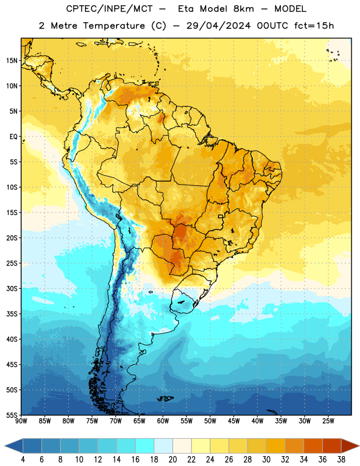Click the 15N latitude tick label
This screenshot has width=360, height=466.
click(x=12, y=61)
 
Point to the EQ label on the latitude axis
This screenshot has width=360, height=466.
click(x=13, y=137)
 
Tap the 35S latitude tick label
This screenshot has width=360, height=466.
click(x=12, y=314)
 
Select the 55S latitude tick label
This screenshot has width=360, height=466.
click(x=12, y=415)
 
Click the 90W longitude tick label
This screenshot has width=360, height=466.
click(x=21, y=421)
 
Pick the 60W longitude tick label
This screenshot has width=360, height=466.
click(x=163, y=421)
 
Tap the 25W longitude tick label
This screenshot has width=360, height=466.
click(x=328, y=421)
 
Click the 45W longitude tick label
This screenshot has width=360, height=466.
click(x=234, y=421)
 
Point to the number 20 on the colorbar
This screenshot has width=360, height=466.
click(x=172, y=460)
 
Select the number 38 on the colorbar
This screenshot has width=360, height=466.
click(x=341, y=460)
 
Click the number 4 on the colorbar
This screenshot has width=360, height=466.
click(x=23, y=460)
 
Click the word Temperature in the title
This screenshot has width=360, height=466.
click(x=114, y=26)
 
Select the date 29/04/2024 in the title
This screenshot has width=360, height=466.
click(x=218, y=26)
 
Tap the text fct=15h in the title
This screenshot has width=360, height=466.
click(x=314, y=26)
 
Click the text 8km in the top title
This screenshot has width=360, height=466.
click(x=243, y=9)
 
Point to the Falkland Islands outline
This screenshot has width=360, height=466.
click(x=165, y=398)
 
